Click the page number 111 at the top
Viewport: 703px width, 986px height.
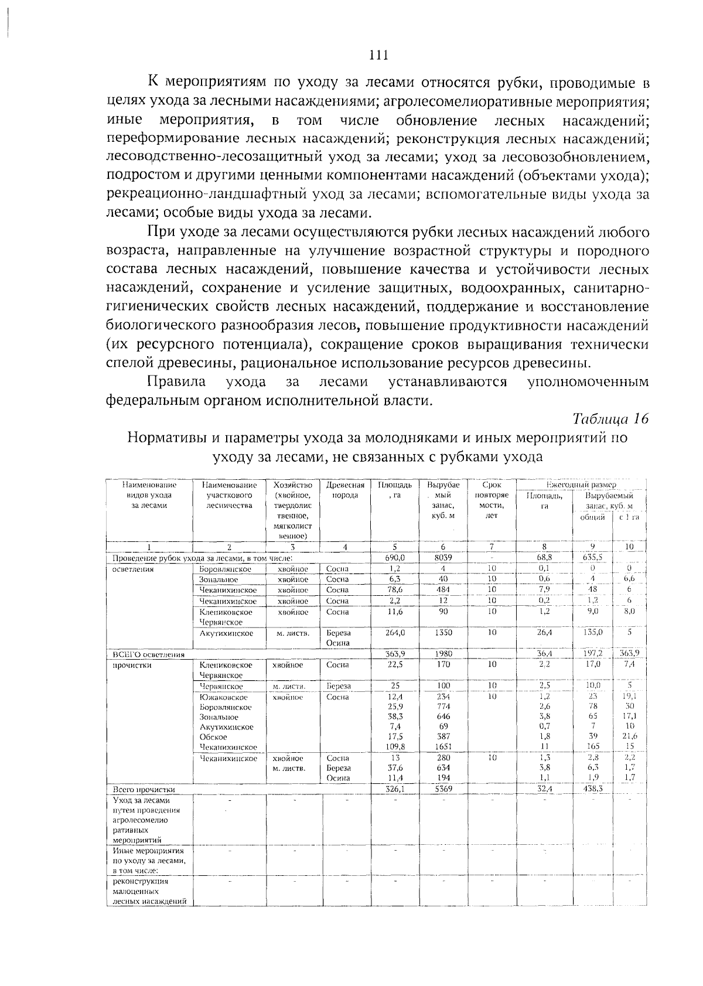pyautogui.click(x=379, y=56)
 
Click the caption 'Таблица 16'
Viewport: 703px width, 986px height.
pyautogui.click(x=610, y=418)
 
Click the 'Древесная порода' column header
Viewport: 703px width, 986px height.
pyautogui.click(x=345, y=490)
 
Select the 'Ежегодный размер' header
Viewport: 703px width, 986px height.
pyautogui.click(x=581, y=485)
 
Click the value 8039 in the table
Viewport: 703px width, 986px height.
pyautogui.click(x=443, y=558)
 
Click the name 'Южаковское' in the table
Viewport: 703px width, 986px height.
pyautogui.click(x=223, y=697)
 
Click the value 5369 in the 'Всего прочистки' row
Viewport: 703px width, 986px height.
pyautogui.click(x=443, y=789)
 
